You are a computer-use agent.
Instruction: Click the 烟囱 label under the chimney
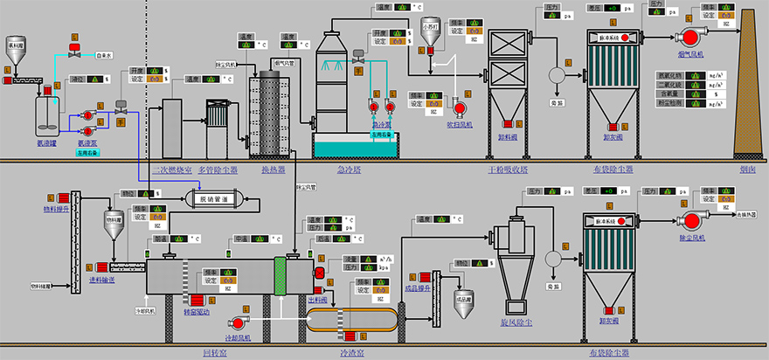pyautogui.click(x=746, y=170)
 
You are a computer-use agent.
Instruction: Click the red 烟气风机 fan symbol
pyautogui.click(x=690, y=37)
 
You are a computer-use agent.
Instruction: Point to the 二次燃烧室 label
pyautogui.click(x=168, y=170)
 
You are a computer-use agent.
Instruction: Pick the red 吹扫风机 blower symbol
pyautogui.click(x=459, y=107)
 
